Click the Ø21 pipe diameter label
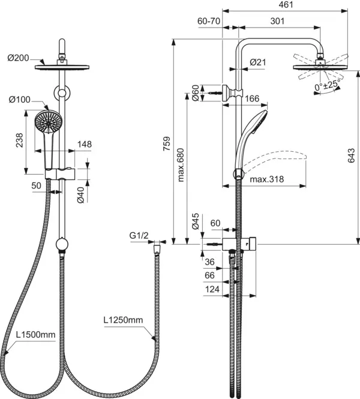pyautogui.click(x=258, y=62)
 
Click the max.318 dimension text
pyautogui.click(x=266, y=179)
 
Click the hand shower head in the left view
pyautogui.click(x=47, y=121)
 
